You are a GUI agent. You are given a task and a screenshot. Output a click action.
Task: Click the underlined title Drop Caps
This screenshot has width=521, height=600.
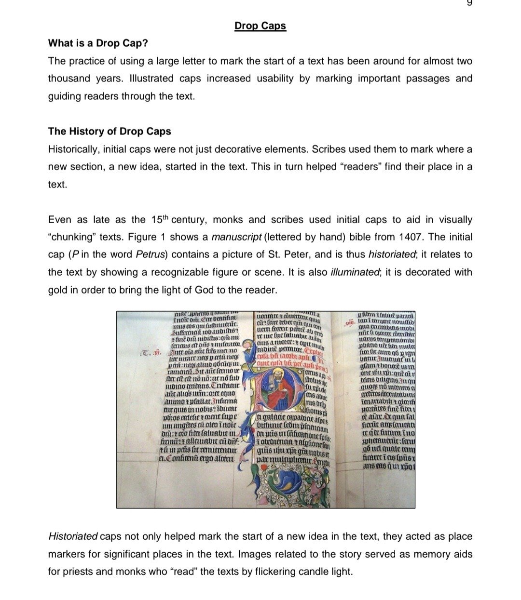tap(260, 26)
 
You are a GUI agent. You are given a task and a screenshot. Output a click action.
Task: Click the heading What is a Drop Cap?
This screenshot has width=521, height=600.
tap(98, 43)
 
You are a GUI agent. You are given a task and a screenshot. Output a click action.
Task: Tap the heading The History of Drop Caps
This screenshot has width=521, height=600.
tap(110, 132)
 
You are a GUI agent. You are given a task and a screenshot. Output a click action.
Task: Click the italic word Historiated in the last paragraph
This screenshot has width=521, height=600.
tap(73, 537)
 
